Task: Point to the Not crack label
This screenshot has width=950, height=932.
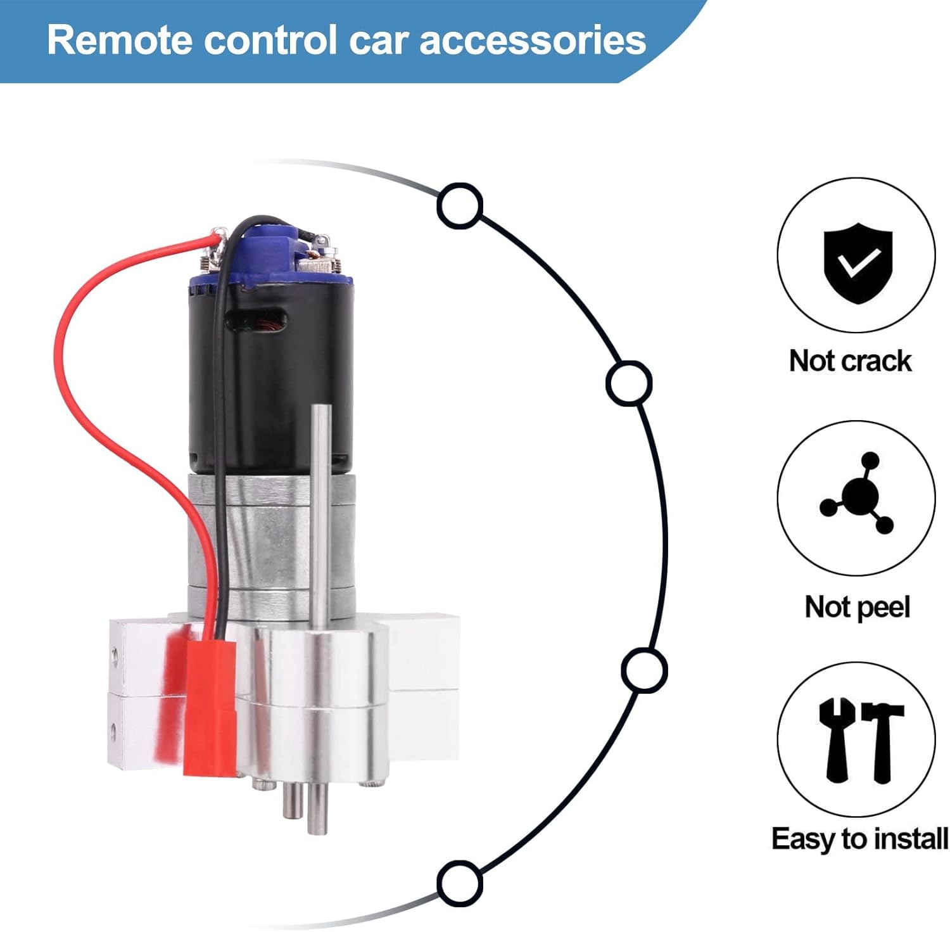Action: click(x=850, y=361)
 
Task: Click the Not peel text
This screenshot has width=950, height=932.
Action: click(x=857, y=607)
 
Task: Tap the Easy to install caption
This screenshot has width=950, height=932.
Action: click(x=859, y=839)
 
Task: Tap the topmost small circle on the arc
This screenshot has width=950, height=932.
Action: click(x=460, y=205)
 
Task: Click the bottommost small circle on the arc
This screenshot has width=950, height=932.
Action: click(x=459, y=883)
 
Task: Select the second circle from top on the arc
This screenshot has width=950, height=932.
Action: click(x=628, y=383)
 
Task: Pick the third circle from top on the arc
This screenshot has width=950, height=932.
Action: click(x=644, y=670)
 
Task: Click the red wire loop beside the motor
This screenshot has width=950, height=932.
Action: click(x=70, y=355)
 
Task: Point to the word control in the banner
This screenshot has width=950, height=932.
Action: click(x=270, y=40)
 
